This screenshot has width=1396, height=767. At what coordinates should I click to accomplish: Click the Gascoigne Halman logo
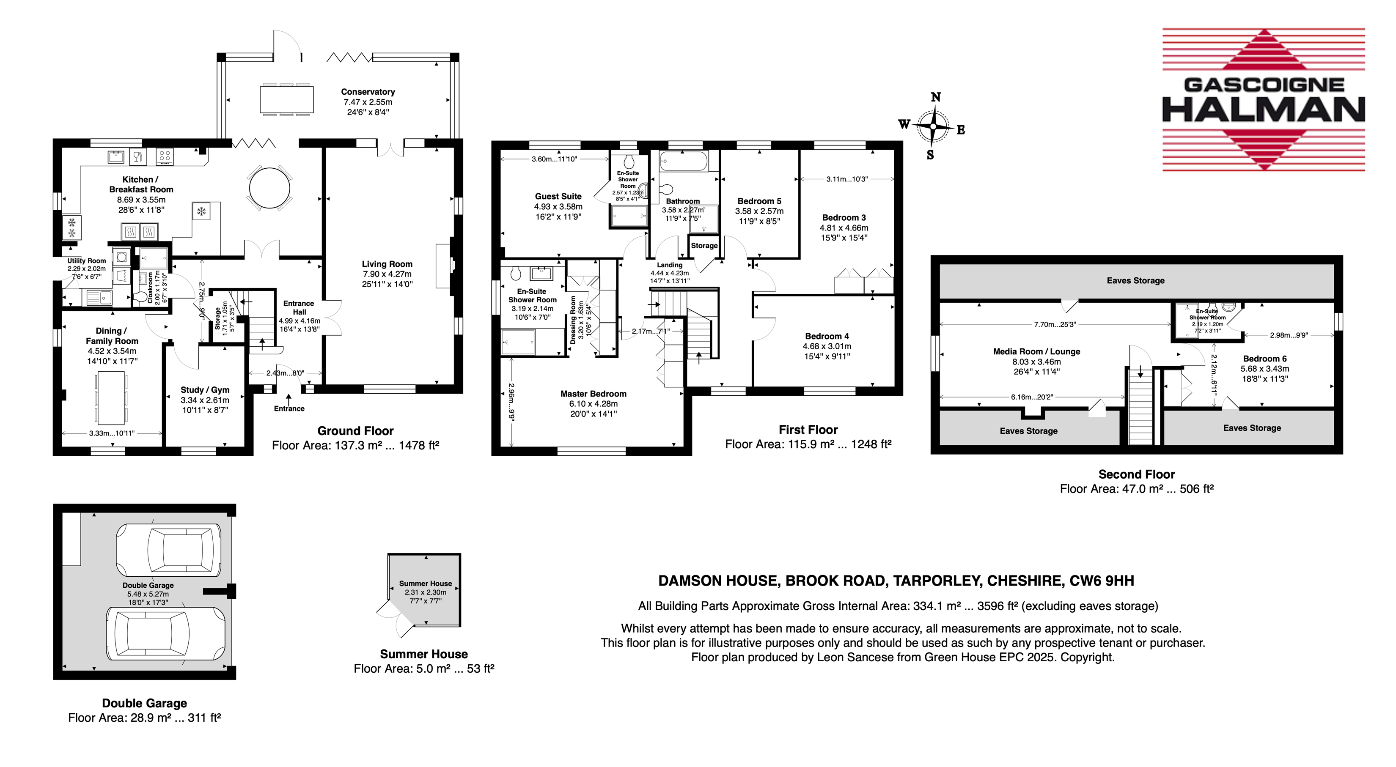[x=1263, y=100]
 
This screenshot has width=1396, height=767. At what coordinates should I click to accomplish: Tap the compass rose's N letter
[x=936, y=98]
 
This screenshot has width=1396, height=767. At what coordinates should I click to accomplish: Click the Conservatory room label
[x=368, y=92]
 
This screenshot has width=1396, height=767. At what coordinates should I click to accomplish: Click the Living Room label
[x=387, y=264]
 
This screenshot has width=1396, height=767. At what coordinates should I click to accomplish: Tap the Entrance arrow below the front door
[x=289, y=399]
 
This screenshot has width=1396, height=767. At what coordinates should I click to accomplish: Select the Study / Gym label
[x=205, y=390]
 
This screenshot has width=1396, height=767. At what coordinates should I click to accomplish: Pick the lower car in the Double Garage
[x=166, y=633]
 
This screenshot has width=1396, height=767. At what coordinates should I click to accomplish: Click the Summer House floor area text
[x=424, y=669]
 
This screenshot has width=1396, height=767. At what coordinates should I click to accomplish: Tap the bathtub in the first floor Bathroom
[x=683, y=161]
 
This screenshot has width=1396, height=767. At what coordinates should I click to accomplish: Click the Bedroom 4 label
[x=827, y=337]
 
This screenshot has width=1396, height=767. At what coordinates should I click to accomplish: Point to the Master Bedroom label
[x=594, y=394]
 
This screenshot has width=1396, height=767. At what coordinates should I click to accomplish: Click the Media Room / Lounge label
[x=1037, y=351]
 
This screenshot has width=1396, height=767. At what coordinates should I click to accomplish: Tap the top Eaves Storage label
[x=1135, y=281]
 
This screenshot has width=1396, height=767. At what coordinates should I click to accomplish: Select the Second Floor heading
[x=1136, y=474]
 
